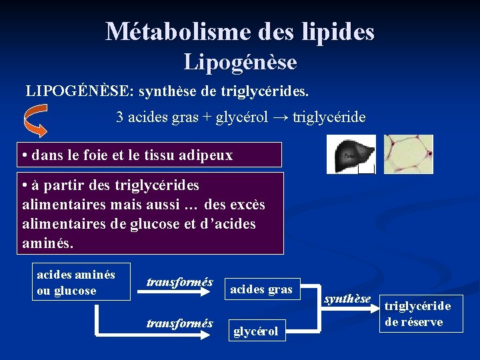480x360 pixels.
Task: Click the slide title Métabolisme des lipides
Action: [240, 31]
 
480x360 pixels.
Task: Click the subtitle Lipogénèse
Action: [240, 62]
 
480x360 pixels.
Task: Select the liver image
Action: [351, 154]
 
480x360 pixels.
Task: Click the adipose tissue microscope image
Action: [408, 154]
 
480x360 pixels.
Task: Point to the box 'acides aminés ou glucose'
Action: [81, 282]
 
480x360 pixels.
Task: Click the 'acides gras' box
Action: [261, 289]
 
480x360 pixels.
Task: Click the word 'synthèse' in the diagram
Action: [347, 299]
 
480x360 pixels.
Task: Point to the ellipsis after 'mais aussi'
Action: [191, 203]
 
